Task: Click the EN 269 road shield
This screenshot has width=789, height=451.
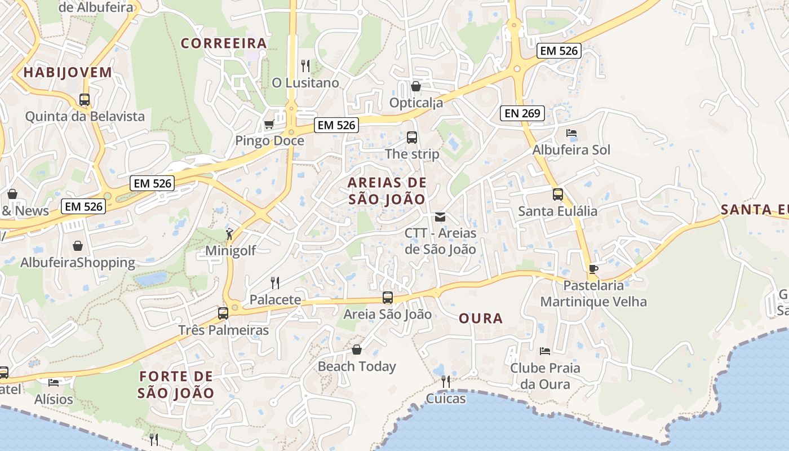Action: [522, 113]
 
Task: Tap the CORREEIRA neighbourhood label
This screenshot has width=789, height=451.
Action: [224, 43]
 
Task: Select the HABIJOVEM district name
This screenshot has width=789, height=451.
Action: [68, 72]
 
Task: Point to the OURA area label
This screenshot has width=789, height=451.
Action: [481, 319]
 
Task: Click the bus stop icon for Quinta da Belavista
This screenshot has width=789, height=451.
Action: [85, 100]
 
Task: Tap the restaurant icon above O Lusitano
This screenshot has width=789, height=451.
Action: [305, 66]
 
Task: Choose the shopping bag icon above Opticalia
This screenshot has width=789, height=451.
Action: [416, 86]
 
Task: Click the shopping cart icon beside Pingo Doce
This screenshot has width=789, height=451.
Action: [269, 124]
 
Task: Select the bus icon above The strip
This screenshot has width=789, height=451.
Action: [412, 137]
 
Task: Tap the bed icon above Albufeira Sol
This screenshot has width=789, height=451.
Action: [571, 134]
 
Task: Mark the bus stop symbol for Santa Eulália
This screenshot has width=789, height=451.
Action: [558, 194]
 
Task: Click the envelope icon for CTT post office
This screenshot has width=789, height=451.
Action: [440, 216]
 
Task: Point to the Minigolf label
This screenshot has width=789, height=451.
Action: [231, 251]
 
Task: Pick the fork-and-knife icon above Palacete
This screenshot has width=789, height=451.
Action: [275, 282]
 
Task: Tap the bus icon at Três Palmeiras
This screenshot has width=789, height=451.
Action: [223, 313]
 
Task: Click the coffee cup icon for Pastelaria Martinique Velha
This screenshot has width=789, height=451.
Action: [593, 269]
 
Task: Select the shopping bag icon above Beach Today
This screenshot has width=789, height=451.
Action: [356, 350]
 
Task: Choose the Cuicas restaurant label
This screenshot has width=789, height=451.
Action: [446, 399]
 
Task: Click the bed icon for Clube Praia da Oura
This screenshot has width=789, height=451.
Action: [544, 351]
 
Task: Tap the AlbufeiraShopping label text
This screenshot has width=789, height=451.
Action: [78, 263]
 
